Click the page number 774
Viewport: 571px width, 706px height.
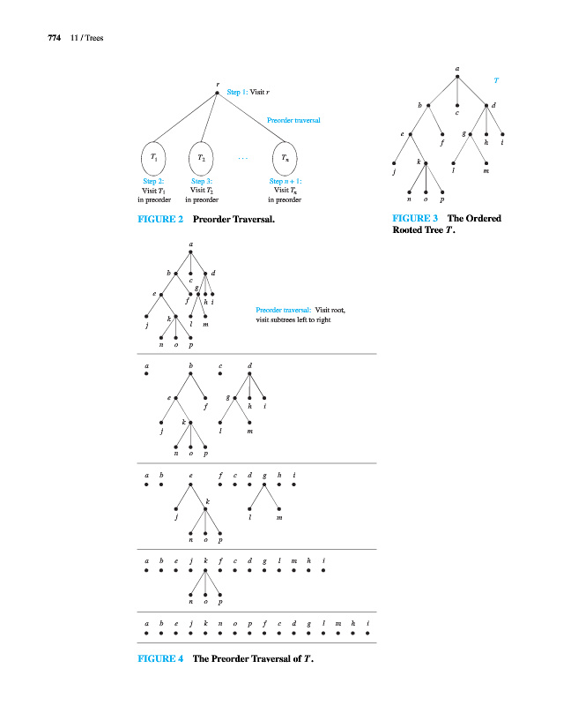40,37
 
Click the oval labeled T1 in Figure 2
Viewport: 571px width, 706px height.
154,158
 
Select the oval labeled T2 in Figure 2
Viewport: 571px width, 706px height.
202,158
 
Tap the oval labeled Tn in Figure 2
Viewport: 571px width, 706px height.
285,158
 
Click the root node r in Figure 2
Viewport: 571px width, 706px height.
218,92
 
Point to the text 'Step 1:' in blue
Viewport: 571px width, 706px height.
238,92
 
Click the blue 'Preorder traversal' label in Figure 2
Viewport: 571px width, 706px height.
293,120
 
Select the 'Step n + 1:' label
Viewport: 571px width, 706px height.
285,181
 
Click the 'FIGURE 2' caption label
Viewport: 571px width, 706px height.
158,217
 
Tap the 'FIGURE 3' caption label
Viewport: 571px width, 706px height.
410,218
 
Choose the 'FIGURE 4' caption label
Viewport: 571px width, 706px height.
158,658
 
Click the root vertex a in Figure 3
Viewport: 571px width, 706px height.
457,76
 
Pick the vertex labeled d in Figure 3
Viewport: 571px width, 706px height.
487,106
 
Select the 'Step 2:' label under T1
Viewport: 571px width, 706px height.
154,181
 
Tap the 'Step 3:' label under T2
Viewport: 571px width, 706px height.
202,181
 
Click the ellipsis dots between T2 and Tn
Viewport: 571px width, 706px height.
243,160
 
